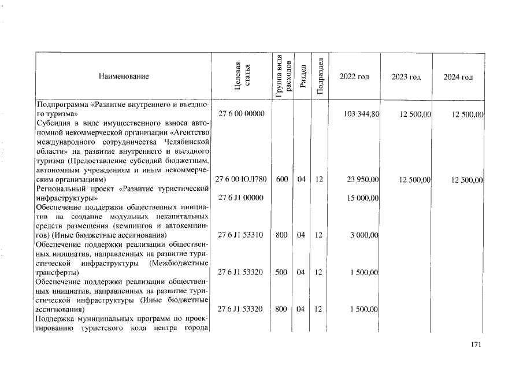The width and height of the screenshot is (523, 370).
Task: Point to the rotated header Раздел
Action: pyautogui.click(x=302, y=76)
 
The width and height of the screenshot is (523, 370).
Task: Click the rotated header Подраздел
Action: pyautogui.click(x=319, y=76)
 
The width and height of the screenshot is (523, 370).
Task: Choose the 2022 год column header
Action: pyautogui.click(x=354, y=77)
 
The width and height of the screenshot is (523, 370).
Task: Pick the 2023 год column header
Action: pyautogui.click(x=406, y=77)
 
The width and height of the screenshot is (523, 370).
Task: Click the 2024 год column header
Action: pyautogui.click(x=458, y=77)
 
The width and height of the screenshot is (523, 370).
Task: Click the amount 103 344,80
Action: pyautogui.click(x=361, y=114)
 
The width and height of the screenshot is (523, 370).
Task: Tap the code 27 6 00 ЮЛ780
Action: pyautogui.click(x=240, y=180)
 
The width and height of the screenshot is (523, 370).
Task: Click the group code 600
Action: pyautogui.click(x=282, y=180)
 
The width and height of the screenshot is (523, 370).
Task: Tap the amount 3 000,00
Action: pyautogui.click(x=365, y=235)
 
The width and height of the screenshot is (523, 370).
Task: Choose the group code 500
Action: pyautogui.click(x=282, y=272)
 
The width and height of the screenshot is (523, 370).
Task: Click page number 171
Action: pyautogui.click(x=476, y=346)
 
